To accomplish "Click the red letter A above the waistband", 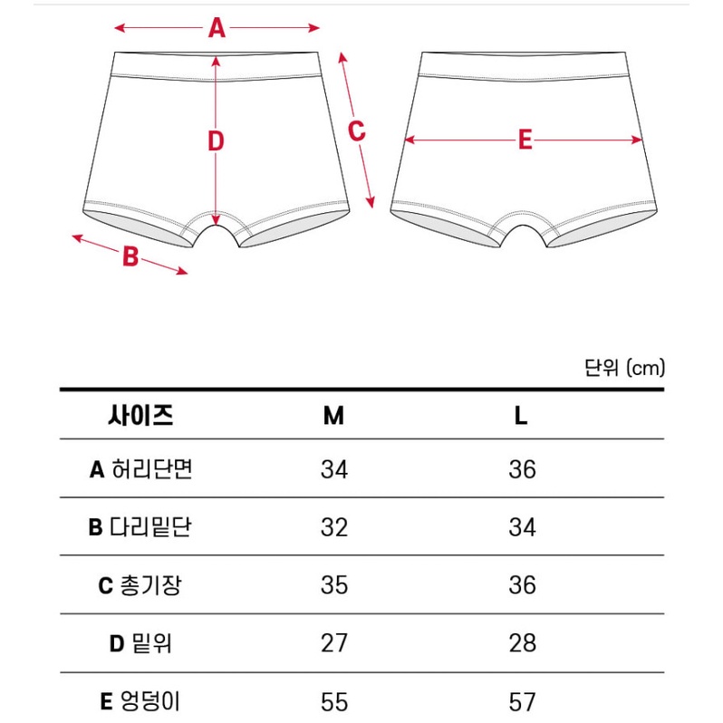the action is tap(217, 28).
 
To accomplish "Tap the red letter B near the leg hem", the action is tap(130, 257).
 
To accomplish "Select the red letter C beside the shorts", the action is tap(357, 130).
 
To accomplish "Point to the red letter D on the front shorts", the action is tap(216, 141).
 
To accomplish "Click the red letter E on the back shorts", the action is tap(525, 140).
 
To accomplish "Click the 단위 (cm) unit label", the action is tap(624, 367).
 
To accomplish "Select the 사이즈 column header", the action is tap(140, 416).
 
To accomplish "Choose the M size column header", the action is tap(333, 416).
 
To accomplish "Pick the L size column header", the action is tap(521, 416).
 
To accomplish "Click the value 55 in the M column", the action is tap(334, 701).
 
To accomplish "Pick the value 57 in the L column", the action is tap(522, 701).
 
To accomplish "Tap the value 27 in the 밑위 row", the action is tap(334, 643).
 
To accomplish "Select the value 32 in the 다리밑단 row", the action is tap(334, 527).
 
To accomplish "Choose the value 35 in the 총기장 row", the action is tap(334, 585).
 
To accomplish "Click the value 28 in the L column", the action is tap(522, 643).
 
